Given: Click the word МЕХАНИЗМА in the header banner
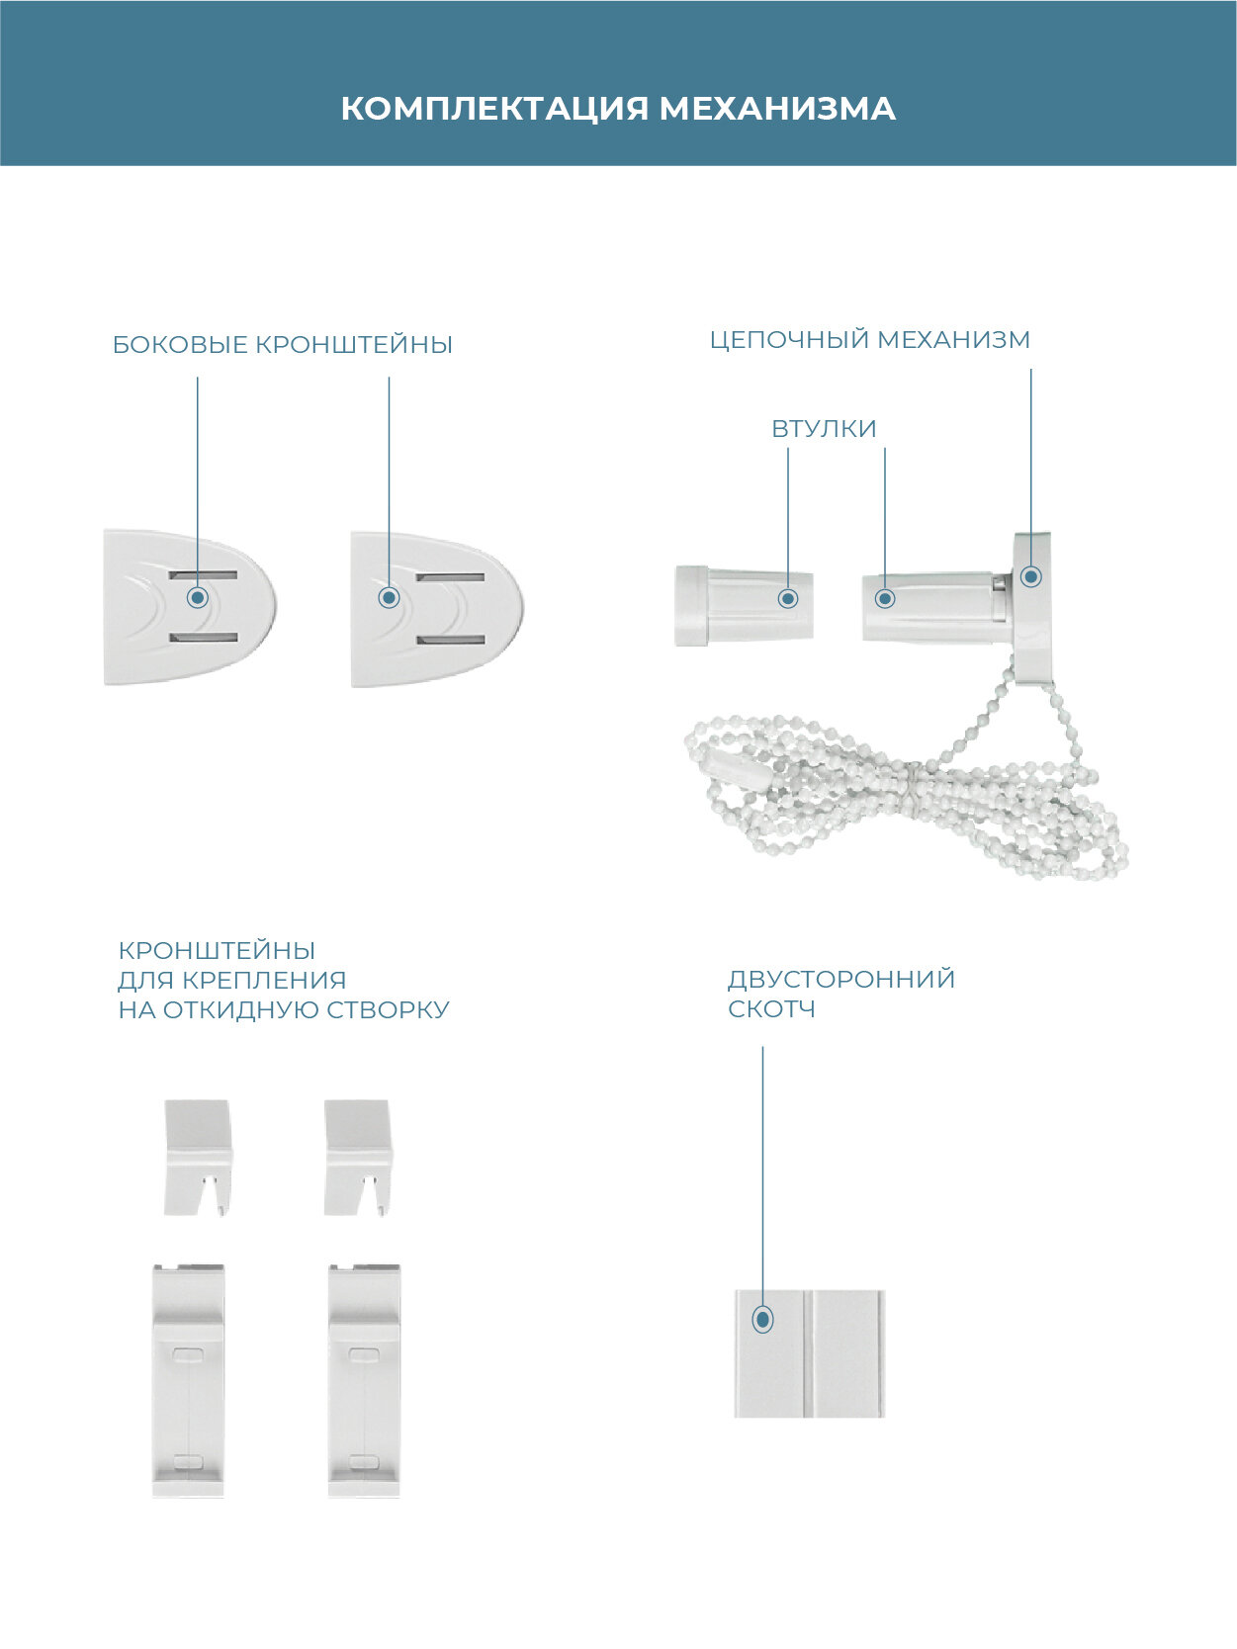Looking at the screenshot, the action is pyautogui.click(x=777, y=108).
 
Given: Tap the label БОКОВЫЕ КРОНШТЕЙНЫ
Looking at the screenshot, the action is pyautogui.click(x=282, y=345).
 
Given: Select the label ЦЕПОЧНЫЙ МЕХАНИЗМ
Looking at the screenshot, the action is pyautogui.click(x=870, y=339).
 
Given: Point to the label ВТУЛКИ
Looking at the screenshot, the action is pyautogui.click(x=824, y=429).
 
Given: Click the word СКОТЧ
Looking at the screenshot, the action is pyautogui.click(x=771, y=1009).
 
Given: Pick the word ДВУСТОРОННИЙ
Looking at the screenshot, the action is pyautogui.click(x=841, y=980).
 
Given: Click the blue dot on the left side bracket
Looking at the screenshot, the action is pyautogui.click(x=198, y=597).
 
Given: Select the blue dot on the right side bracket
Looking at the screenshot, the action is pyautogui.click(x=389, y=597).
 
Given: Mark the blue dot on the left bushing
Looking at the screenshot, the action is pyautogui.click(x=788, y=598).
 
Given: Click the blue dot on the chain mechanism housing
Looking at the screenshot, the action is pyautogui.click(x=1031, y=576).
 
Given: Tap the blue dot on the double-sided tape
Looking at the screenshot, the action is pyautogui.click(x=762, y=1319).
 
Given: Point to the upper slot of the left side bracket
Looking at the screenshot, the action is pyautogui.click(x=204, y=574).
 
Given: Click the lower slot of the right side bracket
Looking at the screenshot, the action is pyautogui.click(x=450, y=640).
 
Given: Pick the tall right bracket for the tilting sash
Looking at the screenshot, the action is pyautogui.click(x=364, y=1378).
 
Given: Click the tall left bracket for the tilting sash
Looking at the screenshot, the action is pyautogui.click(x=188, y=1378).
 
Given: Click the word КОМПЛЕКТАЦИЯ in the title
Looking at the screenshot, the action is pyautogui.click(x=494, y=108).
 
